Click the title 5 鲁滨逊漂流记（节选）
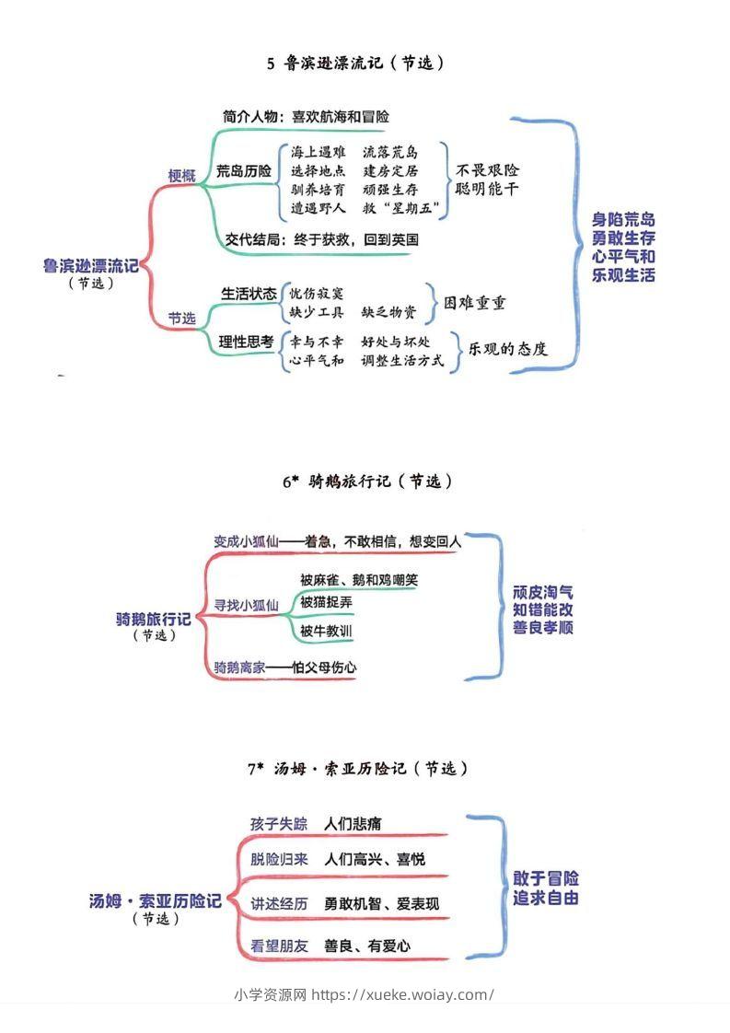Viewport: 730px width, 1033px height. pos(356,63)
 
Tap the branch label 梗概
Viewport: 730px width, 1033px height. pos(181,176)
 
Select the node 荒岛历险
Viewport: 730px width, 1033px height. pos(244,170)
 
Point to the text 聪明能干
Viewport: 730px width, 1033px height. pos(487,190)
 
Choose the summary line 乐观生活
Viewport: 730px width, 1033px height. pos(624,274)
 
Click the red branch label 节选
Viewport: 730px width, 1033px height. pos(181,319)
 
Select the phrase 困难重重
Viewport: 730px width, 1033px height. pos(475,303)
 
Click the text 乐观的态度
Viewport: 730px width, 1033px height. pos(508,349)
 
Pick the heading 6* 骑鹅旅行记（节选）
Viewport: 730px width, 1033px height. pos(367,481)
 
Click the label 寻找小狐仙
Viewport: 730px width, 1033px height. pos(246,605)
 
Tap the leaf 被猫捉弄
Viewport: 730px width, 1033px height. pos(325,602)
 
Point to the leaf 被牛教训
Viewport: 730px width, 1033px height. pos(325,632)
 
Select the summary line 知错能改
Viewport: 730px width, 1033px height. pos(543,609)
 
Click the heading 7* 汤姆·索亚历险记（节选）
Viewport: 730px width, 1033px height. pos(357,768)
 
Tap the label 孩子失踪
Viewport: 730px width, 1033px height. pos(279,823)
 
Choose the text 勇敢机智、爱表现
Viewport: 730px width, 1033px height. pos(381,904)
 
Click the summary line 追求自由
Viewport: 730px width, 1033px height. pos(546,898)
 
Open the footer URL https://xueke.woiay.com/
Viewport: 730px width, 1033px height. pos(403,994)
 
